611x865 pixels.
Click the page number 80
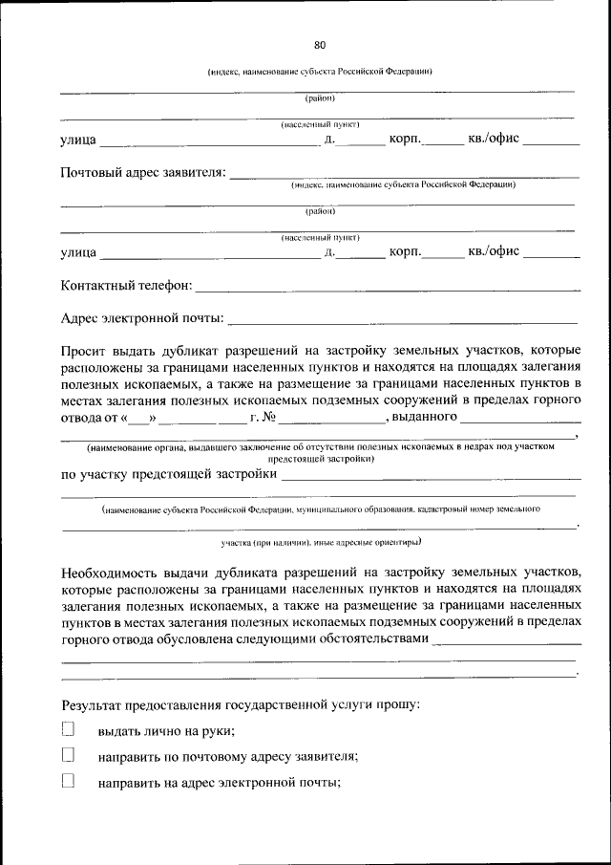[x=320, y=45]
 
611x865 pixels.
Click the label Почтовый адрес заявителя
[x=143, y=173]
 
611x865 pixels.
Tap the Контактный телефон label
[x=126, y=286]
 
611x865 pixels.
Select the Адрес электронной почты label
[x=142, y=317]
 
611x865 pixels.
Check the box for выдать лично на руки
[x=68, y=729]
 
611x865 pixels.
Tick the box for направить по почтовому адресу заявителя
[x=68, y=755]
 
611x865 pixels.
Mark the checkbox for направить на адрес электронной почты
[x=68, y=780]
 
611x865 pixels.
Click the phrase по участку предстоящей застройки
[x=168, y=472]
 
